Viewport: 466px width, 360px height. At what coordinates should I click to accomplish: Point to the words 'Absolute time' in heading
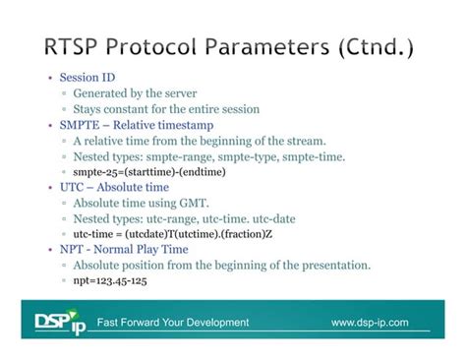[x=137, y=187]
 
